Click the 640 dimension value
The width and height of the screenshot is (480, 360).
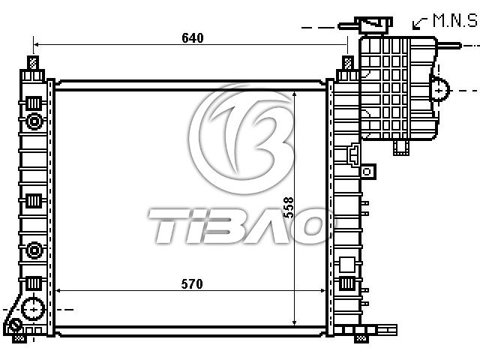[x=193, y=38]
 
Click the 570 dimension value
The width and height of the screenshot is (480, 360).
[x=192, y=284]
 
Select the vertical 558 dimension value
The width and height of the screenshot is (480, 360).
[x=288, y=208]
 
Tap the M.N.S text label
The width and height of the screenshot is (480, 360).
[x=455, y=20]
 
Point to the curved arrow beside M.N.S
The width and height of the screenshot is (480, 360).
[x=418, y=23]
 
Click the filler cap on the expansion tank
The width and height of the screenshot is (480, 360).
[x=373, y=25]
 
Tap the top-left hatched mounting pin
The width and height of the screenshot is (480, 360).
[x=33, y=62]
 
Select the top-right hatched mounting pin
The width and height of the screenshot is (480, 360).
[x=347, y=63]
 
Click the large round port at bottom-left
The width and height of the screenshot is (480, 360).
[x=33, y=309]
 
